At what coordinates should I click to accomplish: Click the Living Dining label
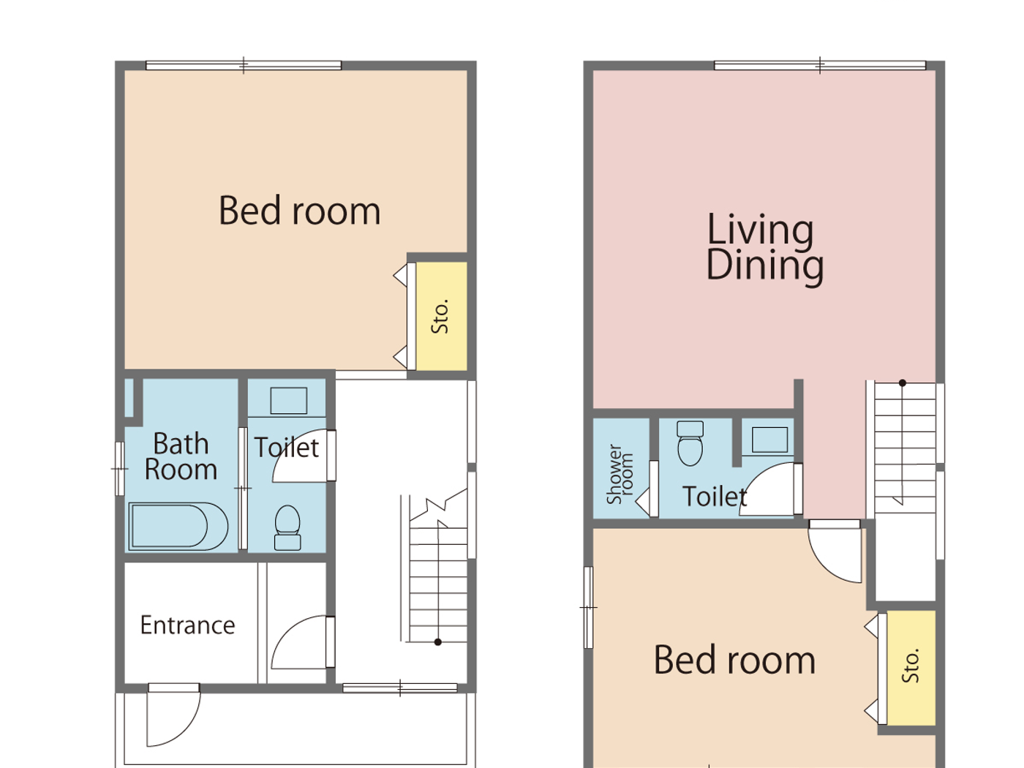coord(764,247)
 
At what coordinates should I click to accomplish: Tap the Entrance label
coord(187,625)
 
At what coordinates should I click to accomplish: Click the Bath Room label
coord(180,456)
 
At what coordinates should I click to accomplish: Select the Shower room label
coord(620,474)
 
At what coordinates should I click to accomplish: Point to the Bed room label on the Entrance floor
coord(299,211)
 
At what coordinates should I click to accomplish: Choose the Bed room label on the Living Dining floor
coord(734,660)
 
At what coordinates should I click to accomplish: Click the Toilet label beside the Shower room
coord(714,497)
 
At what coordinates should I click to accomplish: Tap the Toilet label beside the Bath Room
coord(286,448)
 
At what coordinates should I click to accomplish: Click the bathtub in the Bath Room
coord(178,526)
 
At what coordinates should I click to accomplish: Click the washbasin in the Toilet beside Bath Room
coord(288,401)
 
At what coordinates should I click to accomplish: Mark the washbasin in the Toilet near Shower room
coord(769,440)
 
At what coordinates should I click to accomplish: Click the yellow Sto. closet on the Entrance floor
coord(440,316)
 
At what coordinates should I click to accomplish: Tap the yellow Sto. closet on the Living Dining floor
coord(911,666)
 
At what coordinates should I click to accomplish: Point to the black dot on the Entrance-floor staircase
coord(437,642)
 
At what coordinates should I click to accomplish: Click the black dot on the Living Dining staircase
coord(903,383)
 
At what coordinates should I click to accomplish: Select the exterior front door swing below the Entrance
coord(172,717)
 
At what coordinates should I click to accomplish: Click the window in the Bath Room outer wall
coord(119,469)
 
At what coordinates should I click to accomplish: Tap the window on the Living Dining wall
coord(819,66)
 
